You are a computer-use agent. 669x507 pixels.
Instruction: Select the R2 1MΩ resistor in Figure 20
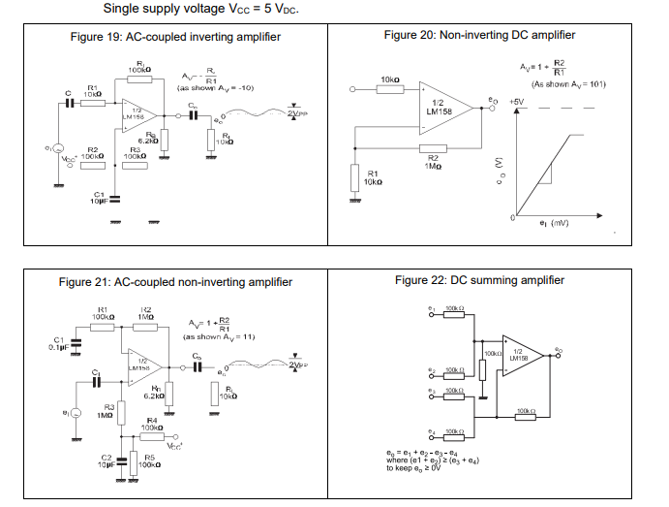(433, 148)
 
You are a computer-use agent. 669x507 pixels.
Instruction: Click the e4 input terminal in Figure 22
(433, 432)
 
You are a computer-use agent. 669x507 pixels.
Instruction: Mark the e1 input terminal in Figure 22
(433, 311)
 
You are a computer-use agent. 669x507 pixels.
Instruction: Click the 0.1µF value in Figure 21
(56, 347)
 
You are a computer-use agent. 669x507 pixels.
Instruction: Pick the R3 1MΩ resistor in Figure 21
(122, 413)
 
